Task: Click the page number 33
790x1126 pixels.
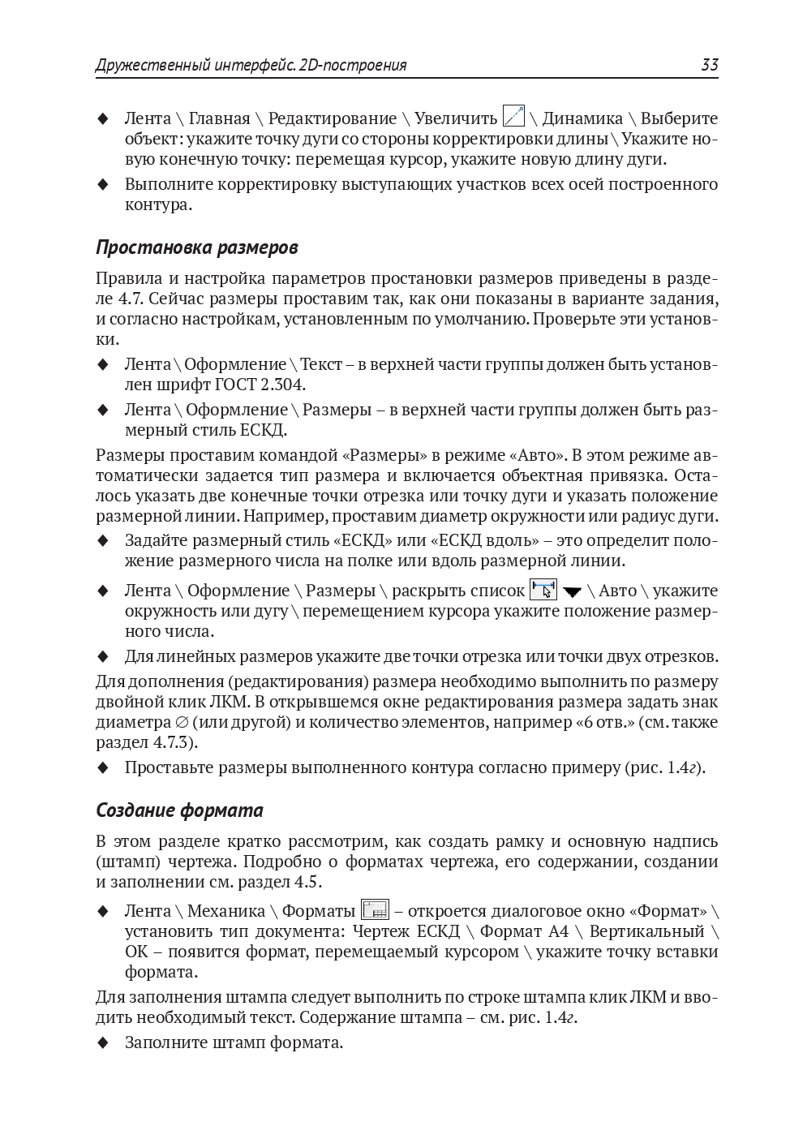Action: (x=709, y=65)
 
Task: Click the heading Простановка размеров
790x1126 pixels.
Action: (x=197, y=247)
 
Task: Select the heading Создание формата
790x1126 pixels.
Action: (x=179, y=810)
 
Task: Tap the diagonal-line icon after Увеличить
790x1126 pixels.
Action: (x=513, y=117)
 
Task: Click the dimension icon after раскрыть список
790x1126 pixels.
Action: (x=543, y=589)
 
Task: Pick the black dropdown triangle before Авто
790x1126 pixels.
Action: (x=573, y=591)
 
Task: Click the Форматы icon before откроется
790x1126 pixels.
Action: (x=375, y=909)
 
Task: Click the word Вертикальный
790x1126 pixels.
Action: (x=646, y=931)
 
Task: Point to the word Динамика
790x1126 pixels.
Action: (x=582, y=118)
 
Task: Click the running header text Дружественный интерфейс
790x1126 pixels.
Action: (x=195, y=65)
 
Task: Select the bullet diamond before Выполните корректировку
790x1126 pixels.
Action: (x=102, y=184)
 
